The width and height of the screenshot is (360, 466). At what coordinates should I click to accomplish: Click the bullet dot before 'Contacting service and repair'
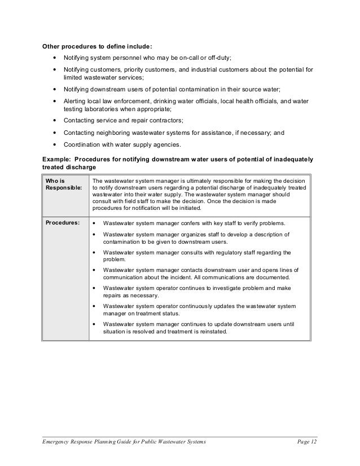pos(54,121)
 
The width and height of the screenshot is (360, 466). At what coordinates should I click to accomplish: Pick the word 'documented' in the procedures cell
pos(273,278)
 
